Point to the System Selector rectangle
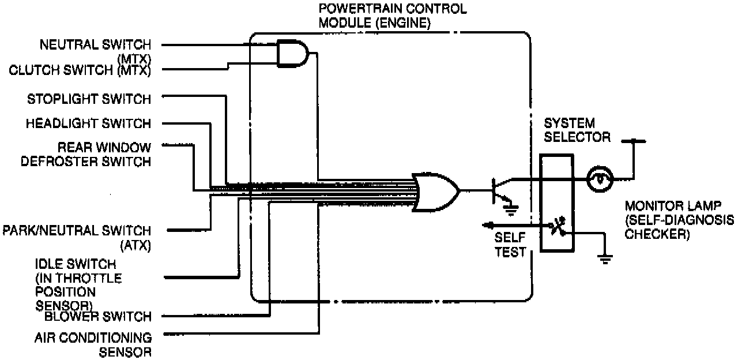(556, 202)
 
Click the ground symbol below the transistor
(511, 207)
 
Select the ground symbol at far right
(605, 259)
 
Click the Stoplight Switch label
(89, 99)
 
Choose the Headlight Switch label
(88, 123)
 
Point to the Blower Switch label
(98, 316)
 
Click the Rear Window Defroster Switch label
(86, 154)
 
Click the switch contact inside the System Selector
(556, 226)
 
